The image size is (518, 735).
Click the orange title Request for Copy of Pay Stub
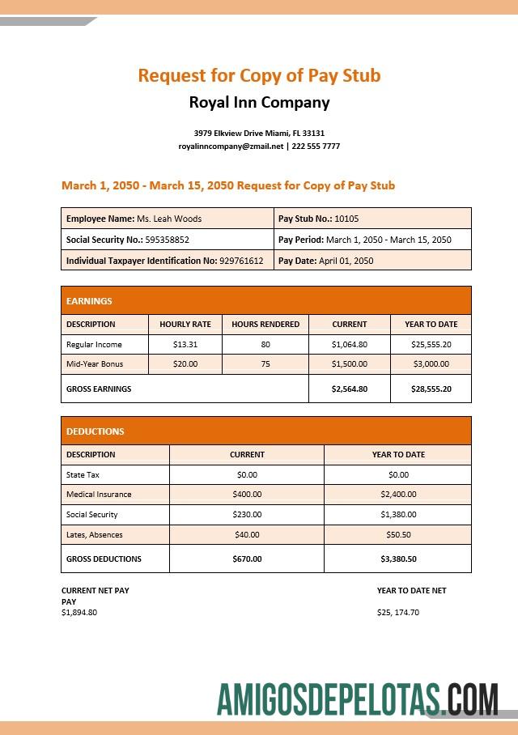click(x=259, y=75)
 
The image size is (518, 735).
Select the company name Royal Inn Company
click(x=259, y=103)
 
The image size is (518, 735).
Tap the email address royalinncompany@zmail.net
click(x=231, y=147)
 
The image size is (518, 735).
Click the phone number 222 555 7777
click(x=316, y=147)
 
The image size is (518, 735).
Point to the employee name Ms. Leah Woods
click(x=169, y=219)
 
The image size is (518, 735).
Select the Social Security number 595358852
click(x=167, y=240)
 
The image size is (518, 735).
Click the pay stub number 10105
click(x=346, y=219)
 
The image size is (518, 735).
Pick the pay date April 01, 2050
click(x=346, y=261)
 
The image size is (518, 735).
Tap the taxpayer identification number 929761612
click(x=241, y=261)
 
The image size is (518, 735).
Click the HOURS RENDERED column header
click(x=265, y=324)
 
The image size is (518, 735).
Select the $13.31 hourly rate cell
click(x=185, y=344)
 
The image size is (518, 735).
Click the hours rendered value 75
click(x=265, y=364)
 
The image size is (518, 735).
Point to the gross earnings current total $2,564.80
click(x=350, y=389)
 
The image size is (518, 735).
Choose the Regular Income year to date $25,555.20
click(x=431, y=344)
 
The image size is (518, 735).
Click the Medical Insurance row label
click(x=99, y=494)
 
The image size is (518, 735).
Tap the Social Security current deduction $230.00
click(x=247, y=514)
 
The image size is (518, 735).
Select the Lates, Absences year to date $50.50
click(x=398, y=534)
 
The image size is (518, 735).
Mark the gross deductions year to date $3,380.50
click(x=398, y=559)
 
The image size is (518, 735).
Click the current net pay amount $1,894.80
click(x=79, y=612)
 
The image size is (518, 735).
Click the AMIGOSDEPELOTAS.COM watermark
click(x=358, y=699)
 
